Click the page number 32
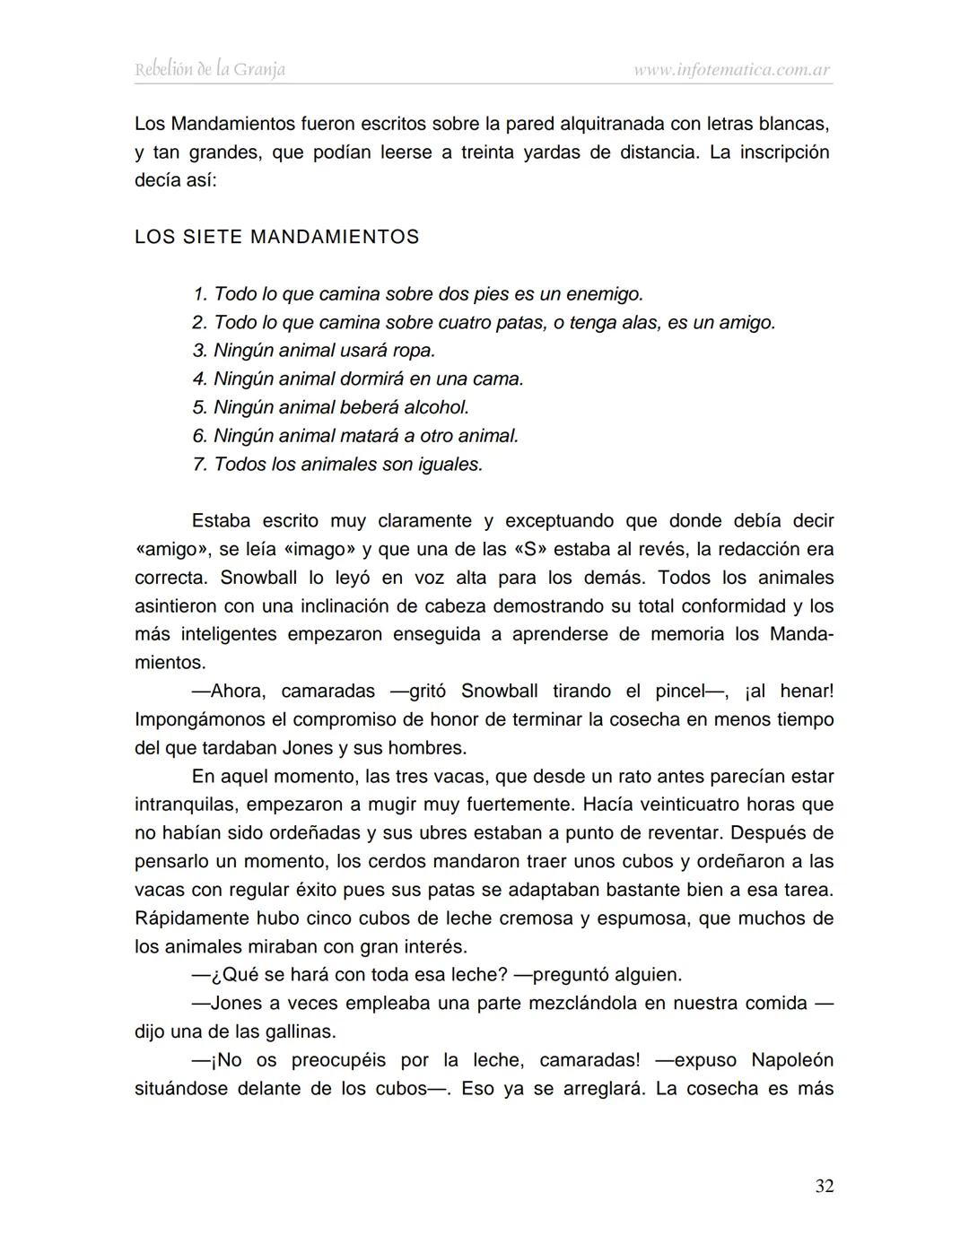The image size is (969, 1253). pos(824,1186)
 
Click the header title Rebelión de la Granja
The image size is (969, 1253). pos(210,69)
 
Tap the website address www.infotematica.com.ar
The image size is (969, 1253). pos(732,69)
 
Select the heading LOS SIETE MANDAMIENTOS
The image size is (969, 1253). pos(276,238)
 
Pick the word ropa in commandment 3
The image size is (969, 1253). pos(412,351)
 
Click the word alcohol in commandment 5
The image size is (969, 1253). pos(435,408)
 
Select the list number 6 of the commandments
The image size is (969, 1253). pos(199,437)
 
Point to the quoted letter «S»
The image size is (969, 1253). pos(529,550)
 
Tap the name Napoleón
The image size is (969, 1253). pos(792,1061)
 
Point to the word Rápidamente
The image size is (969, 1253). pos(190,919)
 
